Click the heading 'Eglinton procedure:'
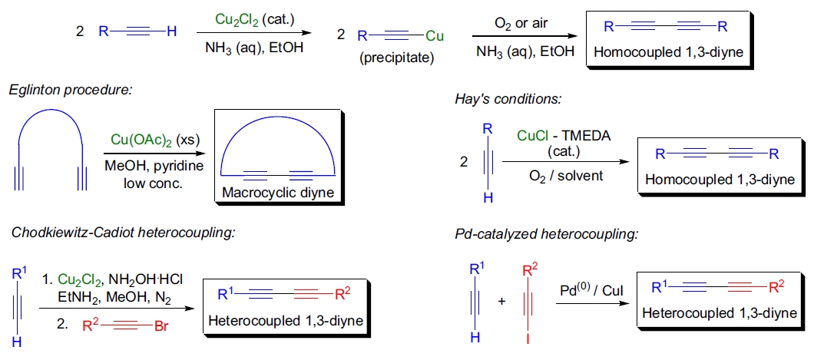pos(71,91)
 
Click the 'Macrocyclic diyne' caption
pos(278,192)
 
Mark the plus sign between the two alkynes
pos(501,301)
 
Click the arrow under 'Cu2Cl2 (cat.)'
pos(253,33)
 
